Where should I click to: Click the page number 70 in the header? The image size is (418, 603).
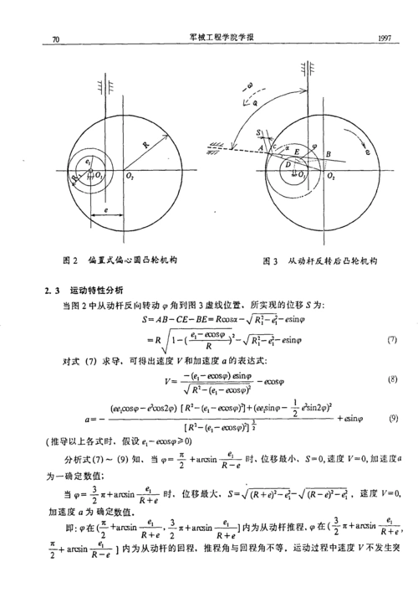[56, 39]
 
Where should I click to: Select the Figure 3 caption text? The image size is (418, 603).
[320, 261]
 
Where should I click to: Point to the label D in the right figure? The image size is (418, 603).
[287, 167]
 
